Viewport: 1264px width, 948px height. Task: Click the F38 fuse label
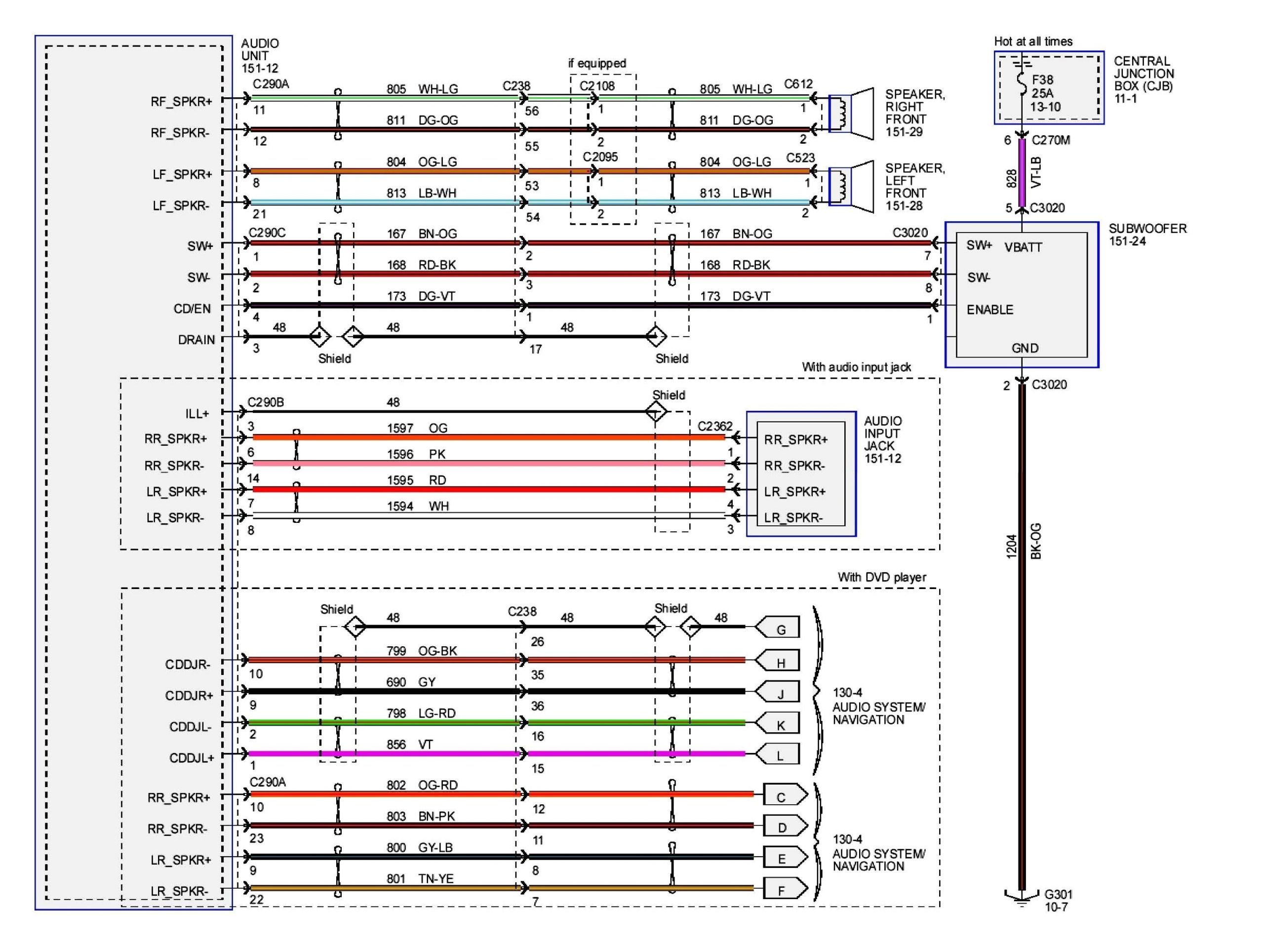point(1042,80)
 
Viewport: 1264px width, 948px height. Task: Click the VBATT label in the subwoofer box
point(1023,247)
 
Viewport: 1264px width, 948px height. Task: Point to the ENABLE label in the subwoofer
point(989,310)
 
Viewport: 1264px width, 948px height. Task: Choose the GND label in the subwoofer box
point(1025,348)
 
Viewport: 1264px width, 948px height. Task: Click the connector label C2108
point(596,86)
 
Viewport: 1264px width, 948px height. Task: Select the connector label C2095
point(600,157)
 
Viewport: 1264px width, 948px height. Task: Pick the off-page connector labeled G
point(778,629)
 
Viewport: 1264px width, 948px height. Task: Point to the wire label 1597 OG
point(417,428)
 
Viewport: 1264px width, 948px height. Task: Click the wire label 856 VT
point(410,744)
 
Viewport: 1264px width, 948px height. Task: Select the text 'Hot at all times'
point(1032,41)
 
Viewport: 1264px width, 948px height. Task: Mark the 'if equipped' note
point(596,63)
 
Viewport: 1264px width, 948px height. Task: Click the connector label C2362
point(714,426)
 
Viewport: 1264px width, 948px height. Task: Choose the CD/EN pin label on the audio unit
point(192,309)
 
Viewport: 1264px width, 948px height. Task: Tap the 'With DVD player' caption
point(881,577)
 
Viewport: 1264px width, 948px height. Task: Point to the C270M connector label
point(1051,140)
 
